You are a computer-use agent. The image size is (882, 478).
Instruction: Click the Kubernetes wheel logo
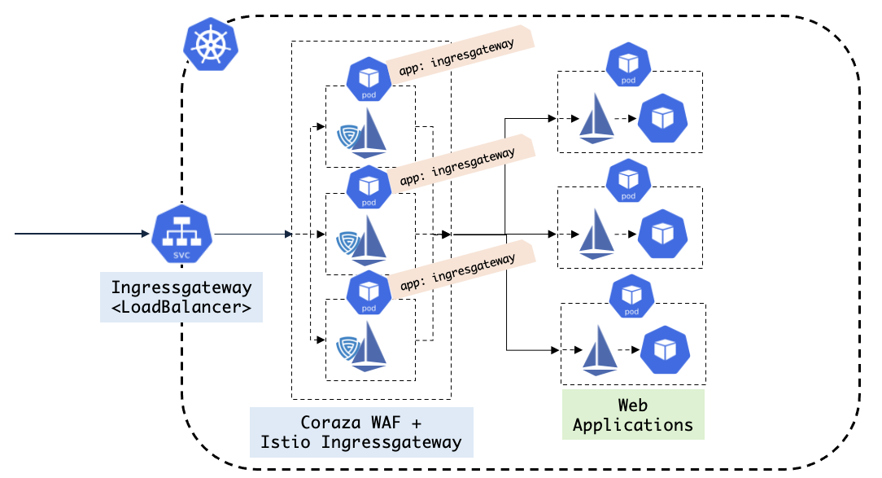[211, 46]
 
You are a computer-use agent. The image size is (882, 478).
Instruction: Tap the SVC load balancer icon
[181, 235]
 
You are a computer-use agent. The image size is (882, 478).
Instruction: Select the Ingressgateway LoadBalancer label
[181, 297]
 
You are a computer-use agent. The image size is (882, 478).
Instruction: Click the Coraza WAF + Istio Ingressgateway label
[361, 432]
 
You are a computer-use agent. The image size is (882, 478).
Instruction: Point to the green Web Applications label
[633, 414]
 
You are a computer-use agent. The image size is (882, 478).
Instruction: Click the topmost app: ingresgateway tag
[457, 57]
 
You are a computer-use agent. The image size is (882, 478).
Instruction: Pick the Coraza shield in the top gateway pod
[348, 134]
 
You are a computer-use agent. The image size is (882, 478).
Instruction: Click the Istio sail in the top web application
[597, 119]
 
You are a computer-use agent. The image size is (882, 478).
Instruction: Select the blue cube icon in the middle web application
[662, 235]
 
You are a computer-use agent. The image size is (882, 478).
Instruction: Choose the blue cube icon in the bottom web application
[665, 350]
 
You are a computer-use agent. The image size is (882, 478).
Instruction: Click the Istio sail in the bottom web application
[600, 352]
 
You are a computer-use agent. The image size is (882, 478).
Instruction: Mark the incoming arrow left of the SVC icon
[81, 235]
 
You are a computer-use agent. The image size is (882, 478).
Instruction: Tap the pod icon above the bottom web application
[632, 298]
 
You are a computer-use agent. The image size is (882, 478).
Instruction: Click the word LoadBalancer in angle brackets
[181, 308]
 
